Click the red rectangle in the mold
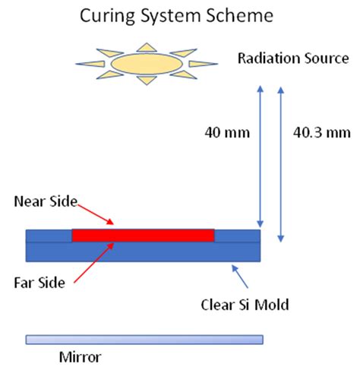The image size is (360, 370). pyautogui.click(x=143, y=235)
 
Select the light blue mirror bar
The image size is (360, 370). pyautogui.click(x=144, y=338)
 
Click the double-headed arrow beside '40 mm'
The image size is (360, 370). pyautogui.click(x=260, y=156)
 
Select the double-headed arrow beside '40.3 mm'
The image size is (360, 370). pyautogui.click(x=283, y=163)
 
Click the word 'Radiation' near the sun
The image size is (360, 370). pyautogui.click(x=267, y=59)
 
